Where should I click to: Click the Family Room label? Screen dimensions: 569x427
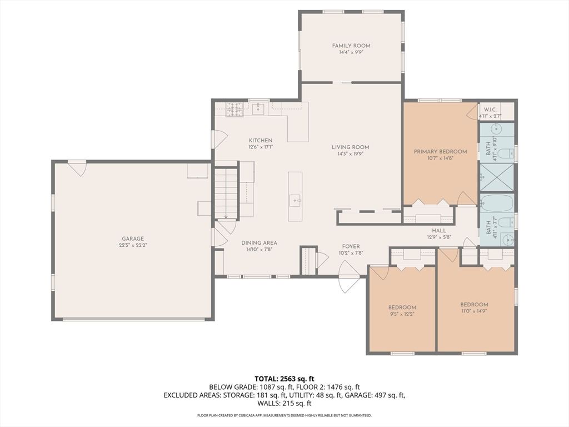pos(351,46)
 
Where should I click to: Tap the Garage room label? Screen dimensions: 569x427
pos(133,239)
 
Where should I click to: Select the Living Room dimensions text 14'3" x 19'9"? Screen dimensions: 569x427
pos(351,153)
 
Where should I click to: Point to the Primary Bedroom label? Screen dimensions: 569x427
pos(440,151)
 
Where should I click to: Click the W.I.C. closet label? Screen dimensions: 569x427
pos(490,110)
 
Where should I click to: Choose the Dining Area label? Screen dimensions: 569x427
pos(259,242)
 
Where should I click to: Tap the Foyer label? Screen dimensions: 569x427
pos(351,246)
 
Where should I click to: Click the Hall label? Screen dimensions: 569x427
pos(439,231)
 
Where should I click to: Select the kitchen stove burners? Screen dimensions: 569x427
pos(235,110)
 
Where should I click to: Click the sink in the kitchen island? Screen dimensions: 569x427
pos(295,200)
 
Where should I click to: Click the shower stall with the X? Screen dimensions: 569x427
pos(497,177)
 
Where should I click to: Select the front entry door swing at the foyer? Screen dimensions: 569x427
pos(349,277)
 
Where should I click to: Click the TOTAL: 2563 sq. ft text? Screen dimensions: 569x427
pos(284,379)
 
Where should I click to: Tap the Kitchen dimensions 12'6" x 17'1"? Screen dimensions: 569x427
pos(261,147)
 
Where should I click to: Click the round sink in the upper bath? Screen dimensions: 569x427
pos(496,129)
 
